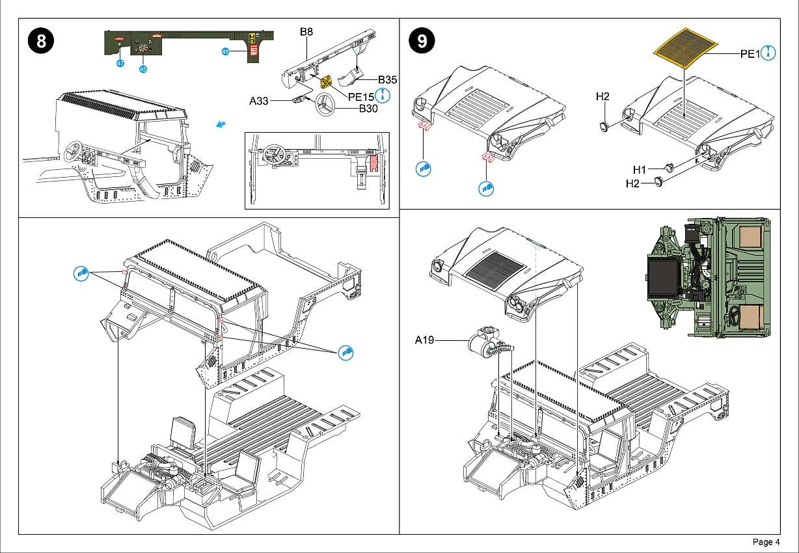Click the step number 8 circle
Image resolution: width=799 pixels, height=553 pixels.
pos(41,42)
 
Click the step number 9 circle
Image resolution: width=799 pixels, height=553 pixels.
pos(422,42)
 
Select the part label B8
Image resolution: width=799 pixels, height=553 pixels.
pos(306,31)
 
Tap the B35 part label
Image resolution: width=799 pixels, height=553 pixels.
pos(387,79)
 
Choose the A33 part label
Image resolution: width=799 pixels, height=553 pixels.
pos(260,101)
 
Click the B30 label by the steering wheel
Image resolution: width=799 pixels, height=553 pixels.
pos(368,109)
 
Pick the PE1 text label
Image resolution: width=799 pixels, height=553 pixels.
pos(750,55)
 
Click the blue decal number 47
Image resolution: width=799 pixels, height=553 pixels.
pos(120,63)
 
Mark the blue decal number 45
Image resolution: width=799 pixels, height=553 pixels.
pos(142,68)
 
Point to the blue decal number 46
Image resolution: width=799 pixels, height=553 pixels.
pos(225,52)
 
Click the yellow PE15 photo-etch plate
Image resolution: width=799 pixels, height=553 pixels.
pos(326,82)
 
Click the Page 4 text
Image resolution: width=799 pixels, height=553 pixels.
pos(766,542)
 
